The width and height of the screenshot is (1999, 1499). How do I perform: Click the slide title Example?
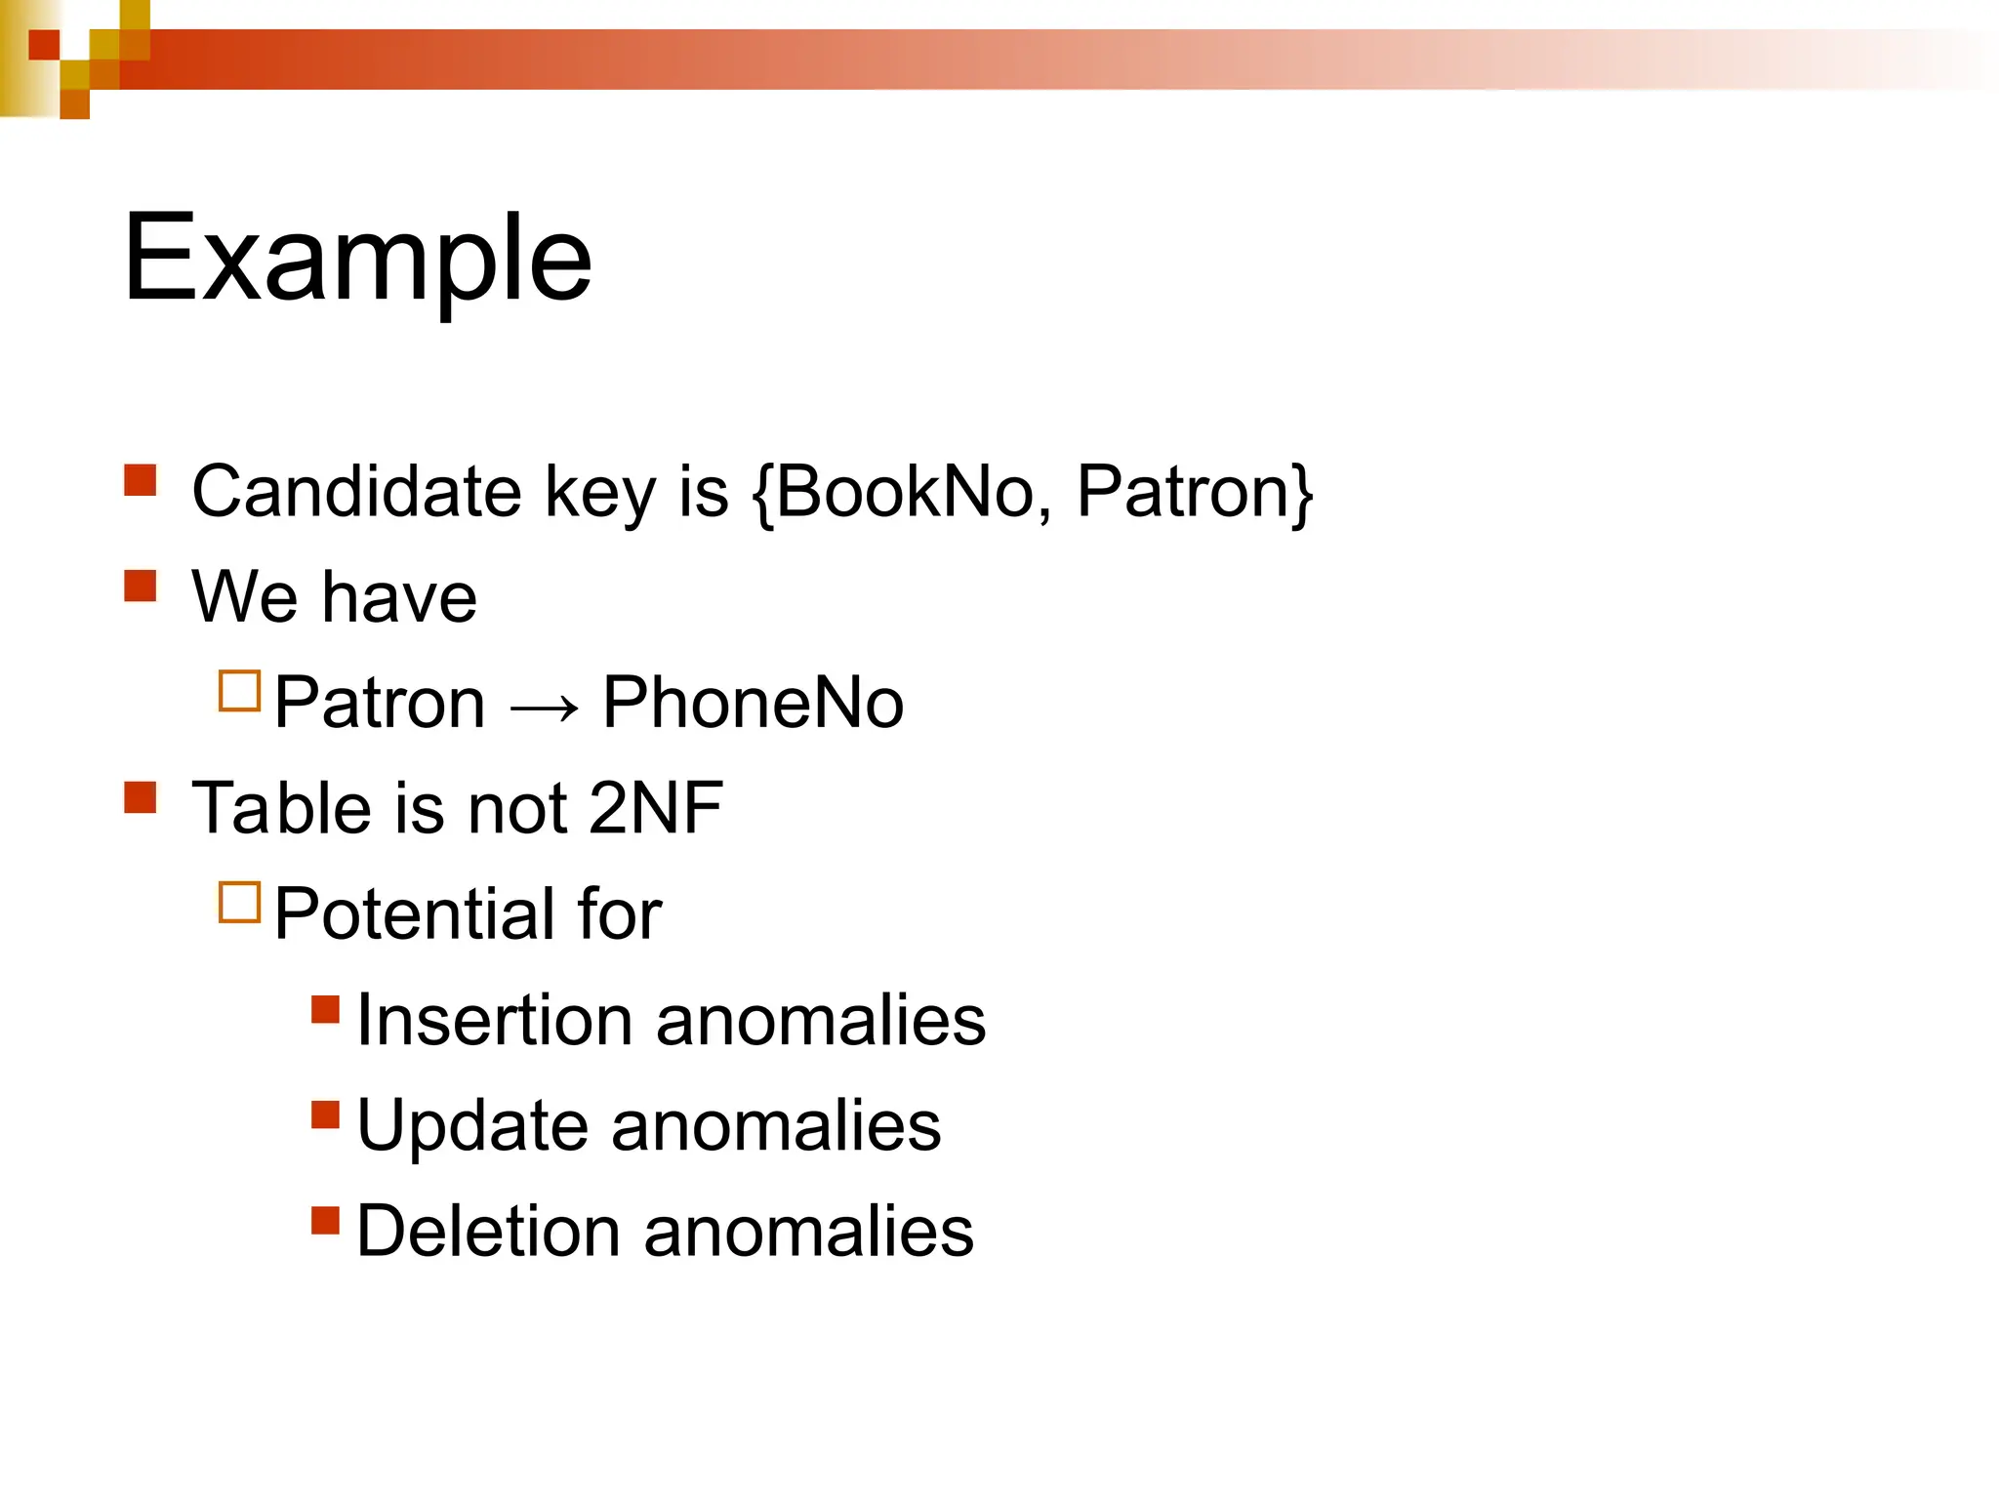[357, 259]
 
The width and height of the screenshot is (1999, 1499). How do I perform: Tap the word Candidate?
[356, 491]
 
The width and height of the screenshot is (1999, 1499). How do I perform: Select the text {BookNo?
[903, 491]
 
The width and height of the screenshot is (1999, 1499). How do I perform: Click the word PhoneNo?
[753, 703]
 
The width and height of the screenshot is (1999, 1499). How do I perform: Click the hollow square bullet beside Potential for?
[240, 903]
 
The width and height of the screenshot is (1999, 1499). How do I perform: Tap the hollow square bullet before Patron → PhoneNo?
[240, 691]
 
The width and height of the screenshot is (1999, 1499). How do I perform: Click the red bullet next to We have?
[141, 586]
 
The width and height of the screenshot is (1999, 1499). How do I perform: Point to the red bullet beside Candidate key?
[141, 480]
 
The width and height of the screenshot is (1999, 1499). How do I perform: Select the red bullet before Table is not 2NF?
[141, 797]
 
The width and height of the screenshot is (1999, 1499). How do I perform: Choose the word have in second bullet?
[400, 597]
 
